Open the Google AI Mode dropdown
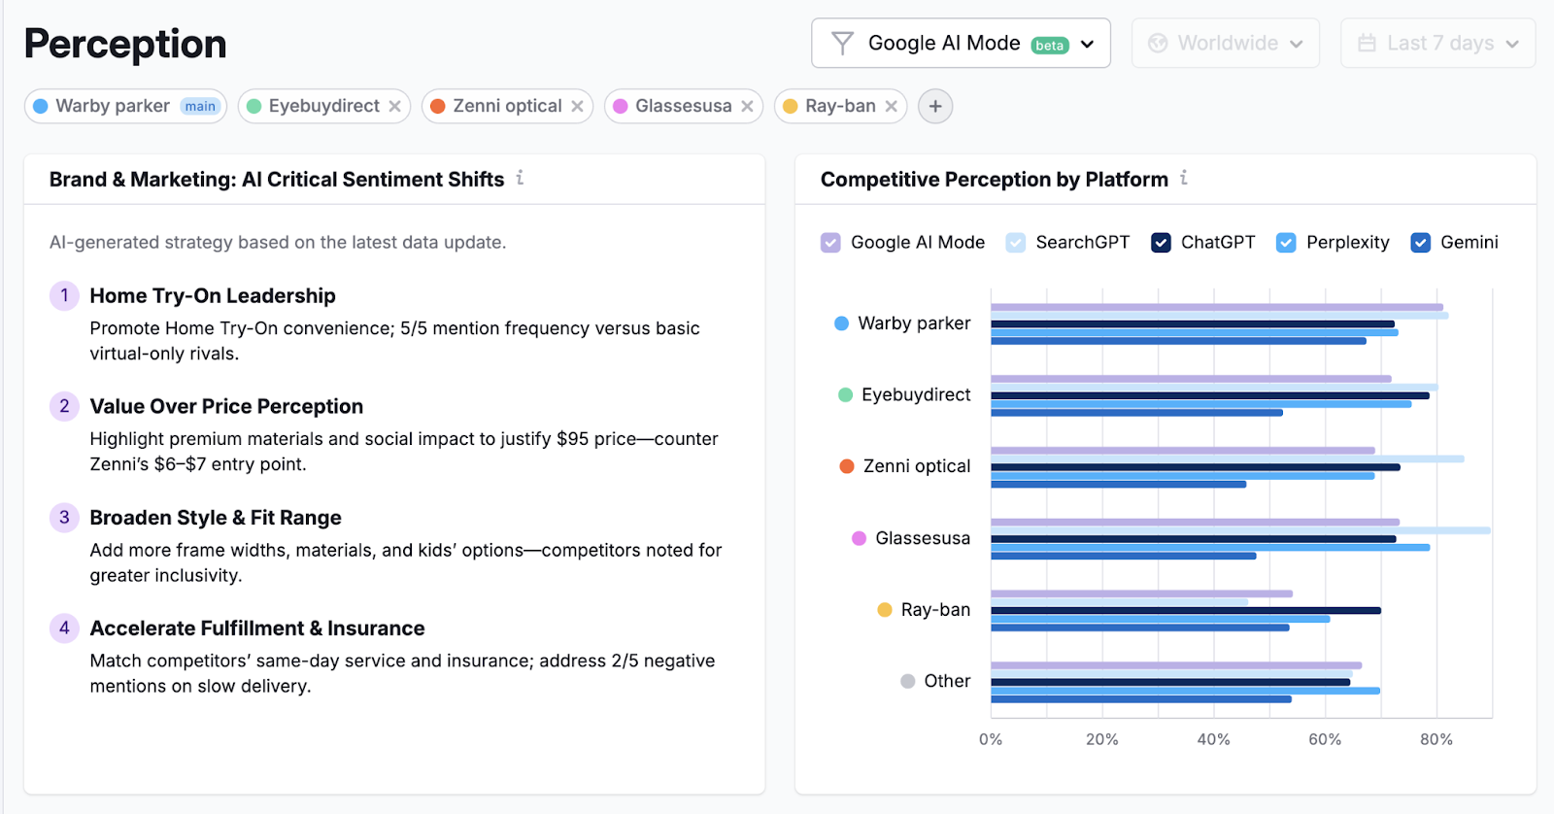pos(961,44)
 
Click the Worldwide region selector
pos(1225,44)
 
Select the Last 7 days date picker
pos(1437,44)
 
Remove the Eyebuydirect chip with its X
pos(395,107)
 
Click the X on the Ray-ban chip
pos(891,107)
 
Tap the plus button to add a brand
pos(935,107)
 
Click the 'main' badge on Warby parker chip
pos(200,107)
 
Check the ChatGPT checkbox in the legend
pos(1161,243)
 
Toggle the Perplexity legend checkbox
pos(1286,243)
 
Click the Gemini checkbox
pos(1420,243)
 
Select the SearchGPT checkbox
pos(1016,243)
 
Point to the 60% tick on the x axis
pos(1325,739)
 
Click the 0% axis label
pos(991,739)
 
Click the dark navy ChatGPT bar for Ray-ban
pos(1185,610)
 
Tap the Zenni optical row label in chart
pos(916,466)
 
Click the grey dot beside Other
pos(908,681)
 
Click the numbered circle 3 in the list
pos(64,517)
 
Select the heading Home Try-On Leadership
pos(213,295)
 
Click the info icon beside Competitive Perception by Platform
pos(1184,178)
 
